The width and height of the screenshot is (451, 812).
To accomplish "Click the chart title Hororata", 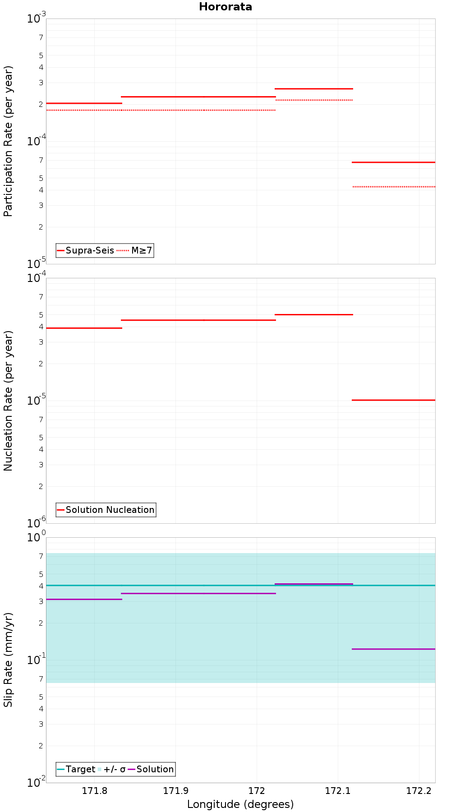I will tap(225, 7).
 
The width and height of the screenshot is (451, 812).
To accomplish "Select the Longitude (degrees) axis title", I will tap(240, 804).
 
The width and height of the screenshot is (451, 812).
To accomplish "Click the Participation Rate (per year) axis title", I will tap(8, 141).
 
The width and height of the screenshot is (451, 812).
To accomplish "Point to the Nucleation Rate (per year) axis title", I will tap(8, 401).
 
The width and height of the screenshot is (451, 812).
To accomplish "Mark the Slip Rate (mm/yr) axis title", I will tap(8, 660).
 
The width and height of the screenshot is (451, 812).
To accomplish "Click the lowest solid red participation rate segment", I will tap(393, 162).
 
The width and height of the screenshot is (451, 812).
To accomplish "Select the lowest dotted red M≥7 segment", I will tap(393, 187).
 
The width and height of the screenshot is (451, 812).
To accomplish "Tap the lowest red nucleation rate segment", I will tap(393, 400).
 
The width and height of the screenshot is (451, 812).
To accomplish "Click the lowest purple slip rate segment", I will tap(393, 649).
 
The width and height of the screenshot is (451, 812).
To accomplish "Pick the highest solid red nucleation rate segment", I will tap(313, 314).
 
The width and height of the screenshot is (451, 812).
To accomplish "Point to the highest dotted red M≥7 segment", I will tap(313, 100).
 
